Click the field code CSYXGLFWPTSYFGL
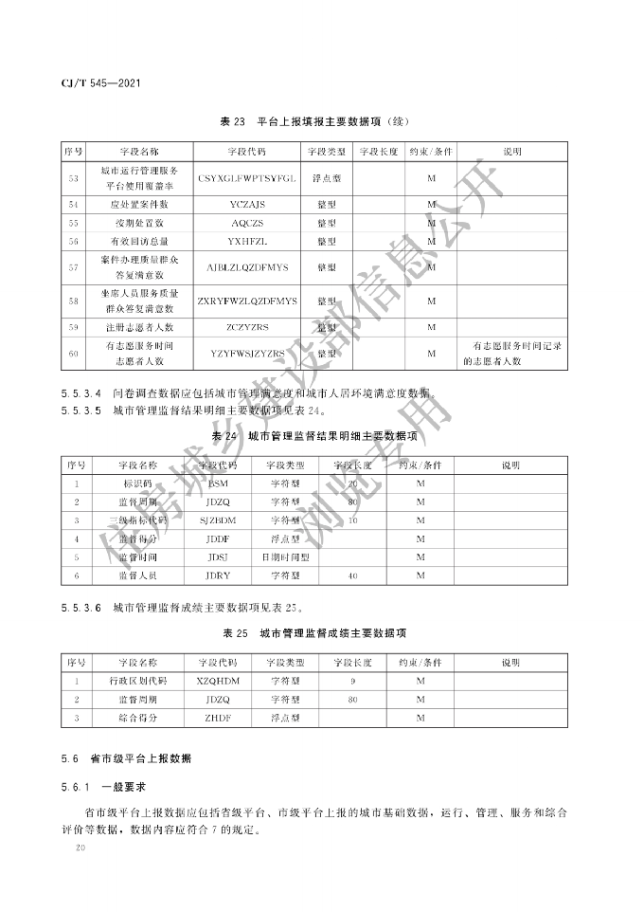point(247,177)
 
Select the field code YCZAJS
point(247,204)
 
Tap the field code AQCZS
point(247,223)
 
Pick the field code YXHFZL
point(247,242)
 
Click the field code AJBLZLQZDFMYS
point(247,267)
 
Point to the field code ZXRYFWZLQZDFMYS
point(247,301)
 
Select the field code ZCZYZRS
point(247,327)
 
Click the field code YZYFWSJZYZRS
point(247,354)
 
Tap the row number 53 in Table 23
point(74,177)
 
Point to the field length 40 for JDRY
point(352,575)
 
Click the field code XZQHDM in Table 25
point(218,681)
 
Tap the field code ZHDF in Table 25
point(218,718)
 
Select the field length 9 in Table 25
point(352,681)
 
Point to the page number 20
point(80,851)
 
